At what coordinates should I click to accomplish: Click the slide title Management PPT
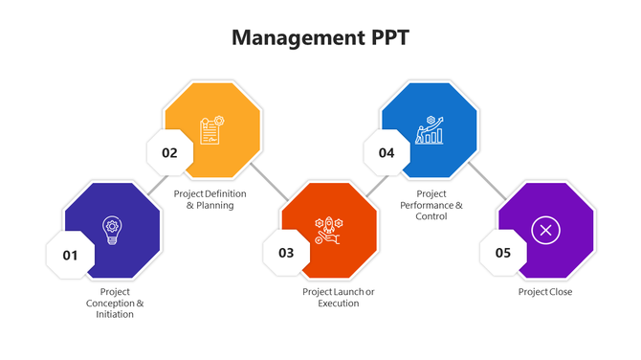pos(320,37)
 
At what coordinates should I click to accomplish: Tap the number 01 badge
pos(70,255)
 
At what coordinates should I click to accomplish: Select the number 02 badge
pos(169,152)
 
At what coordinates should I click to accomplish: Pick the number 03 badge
pos(286,253)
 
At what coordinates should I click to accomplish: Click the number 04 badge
pos(387,152)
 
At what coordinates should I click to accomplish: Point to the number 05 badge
pos(502,253)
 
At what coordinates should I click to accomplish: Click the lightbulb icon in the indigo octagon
pos(112,230)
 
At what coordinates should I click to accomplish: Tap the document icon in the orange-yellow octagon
pos(211,129)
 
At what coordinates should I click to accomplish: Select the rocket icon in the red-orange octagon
pos(329,230)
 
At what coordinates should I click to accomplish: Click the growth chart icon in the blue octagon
pos(429,130)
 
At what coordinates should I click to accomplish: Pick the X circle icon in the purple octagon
pos(545,230)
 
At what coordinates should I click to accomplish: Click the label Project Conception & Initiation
pos(115,303)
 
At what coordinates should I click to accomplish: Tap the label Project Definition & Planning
pos(210,199)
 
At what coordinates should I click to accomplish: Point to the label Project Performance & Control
pos(431,205)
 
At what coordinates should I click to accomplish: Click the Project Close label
pos(545,292)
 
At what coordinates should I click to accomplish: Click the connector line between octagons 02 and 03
pos(271,183)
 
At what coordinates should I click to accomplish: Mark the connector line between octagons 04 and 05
pos(487,183)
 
